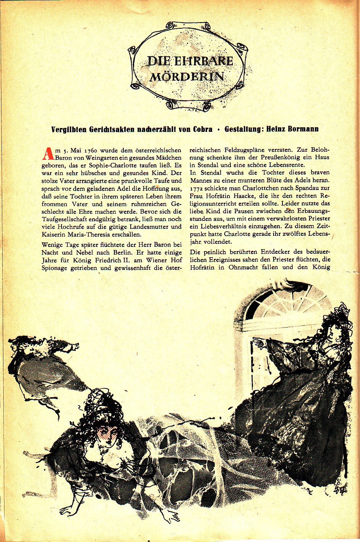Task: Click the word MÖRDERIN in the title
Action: [186, 76]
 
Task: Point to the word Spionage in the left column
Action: [54, 268]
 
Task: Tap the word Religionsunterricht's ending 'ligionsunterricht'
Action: [214, 203]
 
